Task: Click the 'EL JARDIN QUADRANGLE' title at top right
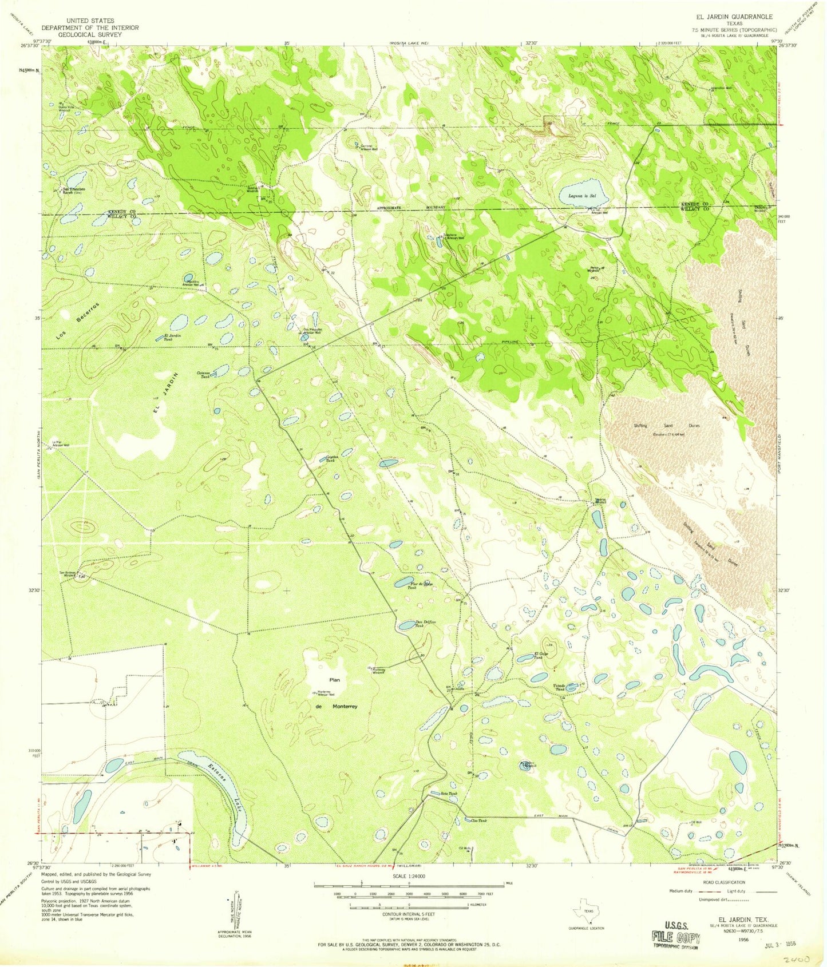tap(734, 17)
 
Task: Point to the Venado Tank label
tap(559, 687)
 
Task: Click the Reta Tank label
tap(449, 794)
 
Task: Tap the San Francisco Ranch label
tap(74, 191)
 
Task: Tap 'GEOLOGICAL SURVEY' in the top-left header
tap(90, 34)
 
